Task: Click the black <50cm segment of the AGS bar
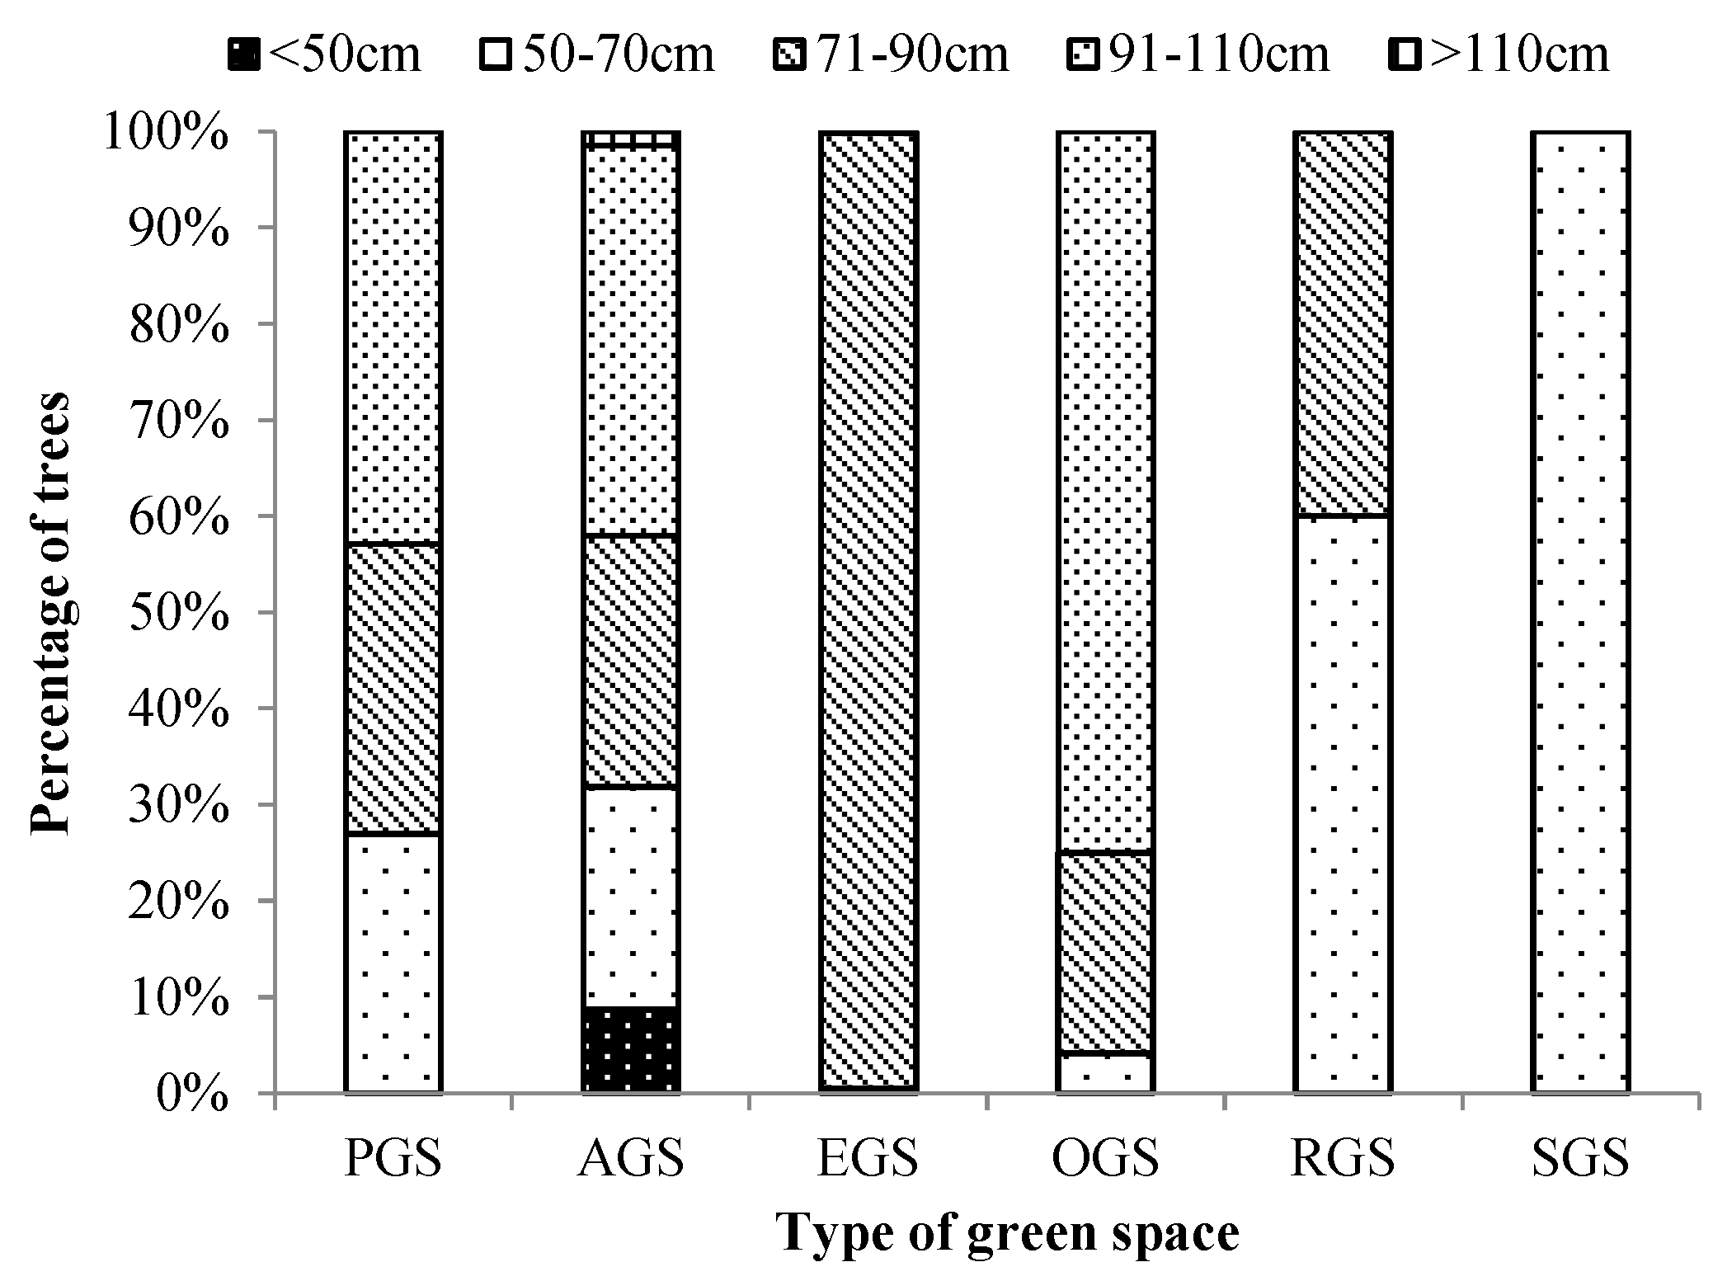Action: point(631,1049)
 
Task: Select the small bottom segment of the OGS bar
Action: point(1105,1073)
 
